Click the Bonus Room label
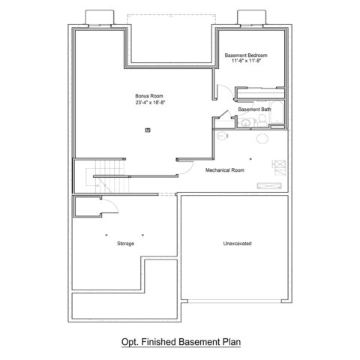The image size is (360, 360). pos(149,96)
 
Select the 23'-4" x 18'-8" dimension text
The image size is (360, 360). pos(151,103)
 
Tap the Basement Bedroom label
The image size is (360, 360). pos(246,55)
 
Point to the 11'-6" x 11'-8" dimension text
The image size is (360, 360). pos(246,61)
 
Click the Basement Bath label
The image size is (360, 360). pos(254,109)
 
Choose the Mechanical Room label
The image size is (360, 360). pos(225,170)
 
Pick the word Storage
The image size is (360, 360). pos(125,244)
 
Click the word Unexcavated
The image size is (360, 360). pos(237,244)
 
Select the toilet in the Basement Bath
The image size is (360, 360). pos(262,121)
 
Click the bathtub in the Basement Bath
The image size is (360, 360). pos(277,112)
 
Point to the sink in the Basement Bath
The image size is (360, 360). pos(245,122)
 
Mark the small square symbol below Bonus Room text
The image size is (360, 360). pos(148,130)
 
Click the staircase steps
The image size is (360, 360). pos(110,176)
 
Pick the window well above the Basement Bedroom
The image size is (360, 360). pos(251,17)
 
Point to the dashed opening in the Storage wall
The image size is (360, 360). pos(166,194)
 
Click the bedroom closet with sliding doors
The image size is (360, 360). pos(260,93)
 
